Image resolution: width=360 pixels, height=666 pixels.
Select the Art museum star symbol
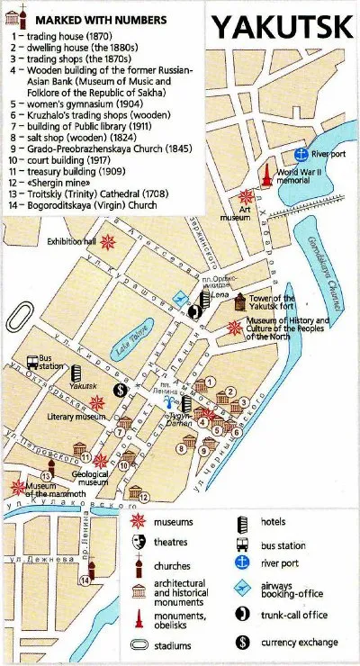(x=246, y=197)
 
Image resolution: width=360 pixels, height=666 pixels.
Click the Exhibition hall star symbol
(x=108, y=241)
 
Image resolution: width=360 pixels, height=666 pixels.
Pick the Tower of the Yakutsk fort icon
(x=238, y=303)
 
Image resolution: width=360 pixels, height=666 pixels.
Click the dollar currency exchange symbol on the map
(x=120, y=390)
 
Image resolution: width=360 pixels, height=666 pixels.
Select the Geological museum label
(x=92, y=477)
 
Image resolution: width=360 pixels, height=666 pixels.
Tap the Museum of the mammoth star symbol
(x=18, y=487)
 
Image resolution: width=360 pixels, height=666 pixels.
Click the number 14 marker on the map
(x=85, y=580)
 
